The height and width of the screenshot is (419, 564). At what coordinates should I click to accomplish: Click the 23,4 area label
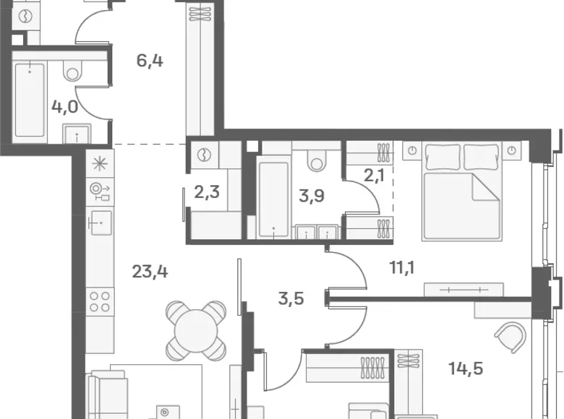coord(150,272)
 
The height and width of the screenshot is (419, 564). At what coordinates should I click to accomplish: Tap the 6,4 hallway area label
coord(150,61)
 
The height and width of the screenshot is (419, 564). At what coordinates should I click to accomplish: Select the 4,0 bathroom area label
coord(65,107)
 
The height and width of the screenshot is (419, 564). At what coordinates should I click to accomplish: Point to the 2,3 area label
coord(207,192)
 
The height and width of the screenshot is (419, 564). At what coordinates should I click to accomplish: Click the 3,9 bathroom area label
coord(312,196)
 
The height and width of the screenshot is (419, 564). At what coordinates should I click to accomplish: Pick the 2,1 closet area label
coord(375,176)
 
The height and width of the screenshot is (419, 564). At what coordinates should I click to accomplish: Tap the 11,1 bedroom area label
coord(402,268)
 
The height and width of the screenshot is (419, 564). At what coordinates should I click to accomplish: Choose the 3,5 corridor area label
coord(291,298)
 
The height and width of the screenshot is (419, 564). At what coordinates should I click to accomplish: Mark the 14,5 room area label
coord(466,368)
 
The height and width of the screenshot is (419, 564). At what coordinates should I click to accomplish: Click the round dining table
coord(197,331)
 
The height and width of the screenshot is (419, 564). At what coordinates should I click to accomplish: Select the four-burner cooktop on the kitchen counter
coord(100,301)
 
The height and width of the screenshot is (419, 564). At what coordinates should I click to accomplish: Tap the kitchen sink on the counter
coord(101,223)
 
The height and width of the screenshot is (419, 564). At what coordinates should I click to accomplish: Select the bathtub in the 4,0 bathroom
coord(30,100)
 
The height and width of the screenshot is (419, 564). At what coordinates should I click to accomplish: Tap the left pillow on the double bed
coord(443,157)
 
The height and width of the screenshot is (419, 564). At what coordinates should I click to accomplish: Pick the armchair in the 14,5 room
coord(510,337)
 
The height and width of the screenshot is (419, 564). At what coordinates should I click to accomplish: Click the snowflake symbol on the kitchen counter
coord(100,164)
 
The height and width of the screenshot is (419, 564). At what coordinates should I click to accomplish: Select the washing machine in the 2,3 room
coord(205,155)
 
